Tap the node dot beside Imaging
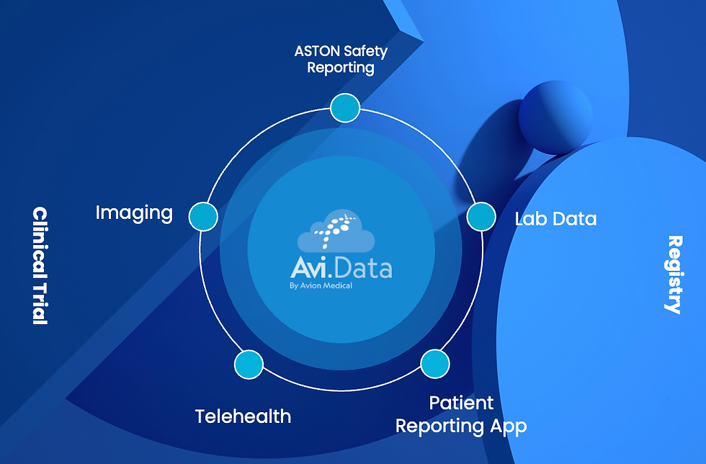pyautogui.click(x=203, y=216)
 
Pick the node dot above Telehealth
pyautogui.click(x=249, y=364)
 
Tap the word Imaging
pyautogui.click(x=134, y=213)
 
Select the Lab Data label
pyautogui.click(x=555, y=218)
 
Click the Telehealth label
pyautogui.click(x=243, y=416)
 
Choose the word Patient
pyautogui.click(x=462, y=403)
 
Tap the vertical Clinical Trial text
pyautogui.click(x=40, y=266)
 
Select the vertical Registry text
pyautogui.click(x=674, y=275)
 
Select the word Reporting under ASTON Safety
pyautogui.click(x=341, y=68)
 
